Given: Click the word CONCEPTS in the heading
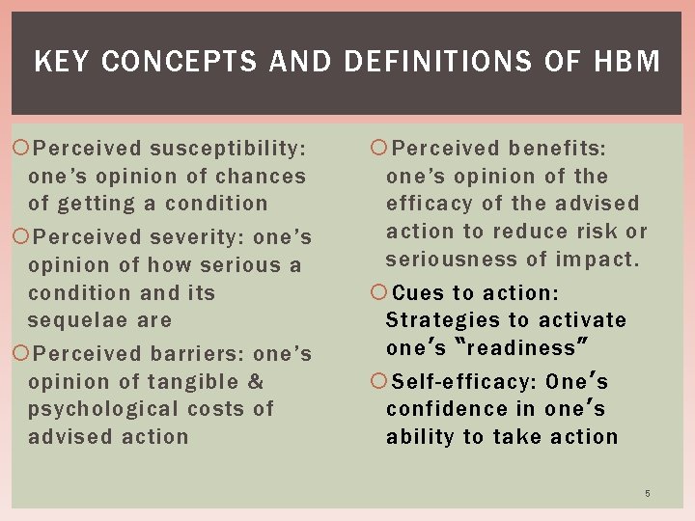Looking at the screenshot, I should click(x=180, y=63).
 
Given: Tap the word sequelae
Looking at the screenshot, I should click(x=73, y=319).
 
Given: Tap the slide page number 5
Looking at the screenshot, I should click(x=648, y=494).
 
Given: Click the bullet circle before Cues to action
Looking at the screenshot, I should click(x=378, y=292).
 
